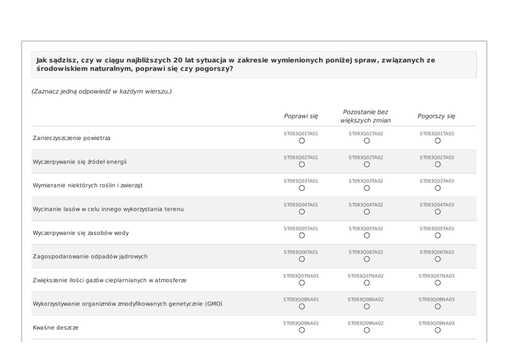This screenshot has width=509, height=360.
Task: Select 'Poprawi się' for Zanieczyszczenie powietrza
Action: click(x=302, y=141)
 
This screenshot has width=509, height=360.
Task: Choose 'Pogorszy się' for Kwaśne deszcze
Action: click(x=438, y=330)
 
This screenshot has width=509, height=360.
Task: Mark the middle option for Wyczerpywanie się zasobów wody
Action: click(x=367, y=236)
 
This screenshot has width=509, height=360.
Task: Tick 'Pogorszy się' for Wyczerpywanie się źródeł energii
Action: click(x=438, y=164)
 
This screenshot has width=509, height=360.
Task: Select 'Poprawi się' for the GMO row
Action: click(x=302, y=307)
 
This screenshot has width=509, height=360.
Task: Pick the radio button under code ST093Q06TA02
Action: click(x=367, y=259)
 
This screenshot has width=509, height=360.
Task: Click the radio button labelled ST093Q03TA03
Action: click(x=438, y=188)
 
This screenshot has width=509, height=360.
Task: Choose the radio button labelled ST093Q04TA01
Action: click(x=302, y=212)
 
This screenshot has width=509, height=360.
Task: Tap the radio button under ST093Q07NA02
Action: click(x=367, y=283)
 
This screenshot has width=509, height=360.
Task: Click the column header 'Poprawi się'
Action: click(x=301, y=117)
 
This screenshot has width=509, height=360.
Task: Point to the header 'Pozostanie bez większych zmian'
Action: click(x=365, y=116)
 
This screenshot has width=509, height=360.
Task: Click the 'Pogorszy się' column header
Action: click(x=436, y=117)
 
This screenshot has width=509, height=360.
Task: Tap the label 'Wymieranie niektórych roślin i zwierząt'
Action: click(x=88, y=185)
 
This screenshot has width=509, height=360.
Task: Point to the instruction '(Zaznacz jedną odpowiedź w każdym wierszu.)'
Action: click(x=102, y=91)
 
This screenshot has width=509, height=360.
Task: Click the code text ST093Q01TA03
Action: click(x=437, y=134)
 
